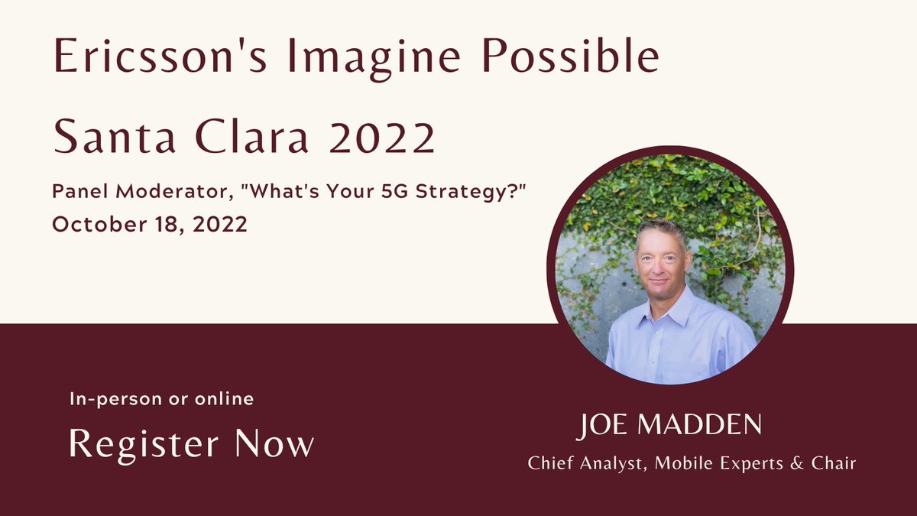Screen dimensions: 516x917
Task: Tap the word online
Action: (x=226, y=399)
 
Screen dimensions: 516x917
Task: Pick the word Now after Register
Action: (x=274, y=443)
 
